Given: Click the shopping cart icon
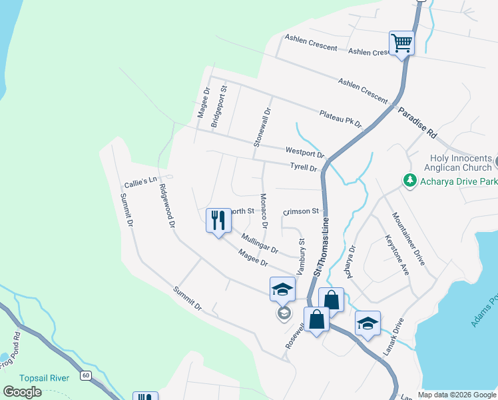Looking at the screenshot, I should tap(401, 43).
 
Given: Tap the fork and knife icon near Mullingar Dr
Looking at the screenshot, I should tap(218, 221).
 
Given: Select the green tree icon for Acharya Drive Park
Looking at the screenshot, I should tap(410, 180).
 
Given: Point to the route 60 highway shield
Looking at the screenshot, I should tap(86, 375).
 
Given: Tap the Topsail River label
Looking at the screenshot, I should tap(45, 378).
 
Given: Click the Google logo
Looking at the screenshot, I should tap(23, 392).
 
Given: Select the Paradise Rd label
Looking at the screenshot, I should tap(417, 123).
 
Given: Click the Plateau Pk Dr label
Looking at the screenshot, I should tap(340, 119).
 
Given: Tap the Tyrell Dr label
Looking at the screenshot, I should tap(304, 167).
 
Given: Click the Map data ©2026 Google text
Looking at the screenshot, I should tap(457, 395).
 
